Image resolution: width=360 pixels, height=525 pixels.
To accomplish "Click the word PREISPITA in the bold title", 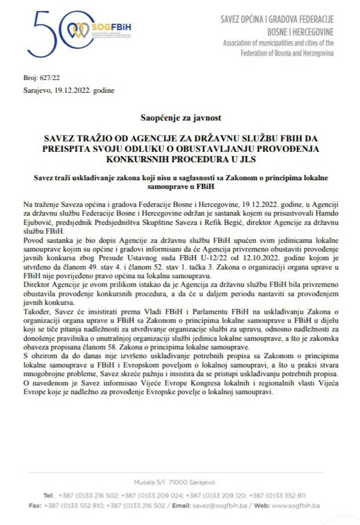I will pos(59,148).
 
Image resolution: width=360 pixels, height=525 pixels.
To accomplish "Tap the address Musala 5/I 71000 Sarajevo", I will pos(181,482).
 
